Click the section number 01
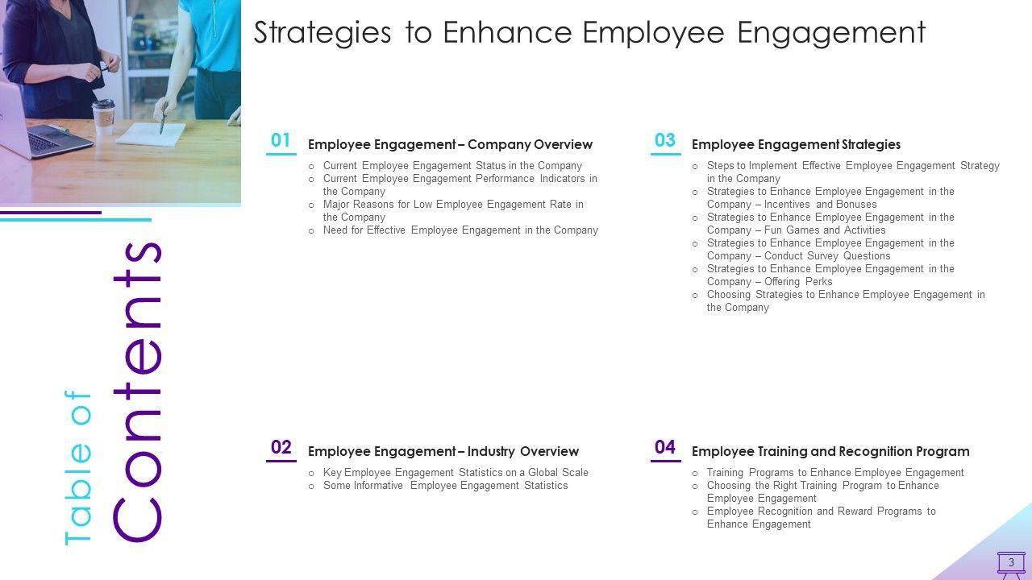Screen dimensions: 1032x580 pyautogui.click(x=281, y=140)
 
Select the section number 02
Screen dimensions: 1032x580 pyautogui.click(x=281, y=447)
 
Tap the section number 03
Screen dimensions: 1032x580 pyautogui.click(x=665, y=140)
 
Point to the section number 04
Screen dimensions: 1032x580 pyautogui.click(x=665, y=447)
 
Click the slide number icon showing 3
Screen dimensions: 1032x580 pyautogui.click(x=1011, y=563)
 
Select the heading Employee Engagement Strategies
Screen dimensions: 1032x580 pyautogui.click(x=796, y=144)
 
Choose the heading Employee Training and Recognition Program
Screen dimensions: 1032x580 pyautogui.click(x=830, y=452)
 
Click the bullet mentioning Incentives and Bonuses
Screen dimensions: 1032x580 pyautogui.click(x=830, y=198)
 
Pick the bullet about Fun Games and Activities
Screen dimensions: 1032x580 pyautogui.click(x=830, y=224)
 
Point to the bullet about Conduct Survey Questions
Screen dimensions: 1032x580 pyautogui.click(x=830, y=250)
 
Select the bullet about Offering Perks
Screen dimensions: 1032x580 pyautogui.click(x=830, y=275)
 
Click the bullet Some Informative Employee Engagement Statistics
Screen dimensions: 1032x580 pyautogui.click(x=446, y=486)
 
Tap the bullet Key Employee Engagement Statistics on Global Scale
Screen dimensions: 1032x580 pyautogui.click(x=456, y=473)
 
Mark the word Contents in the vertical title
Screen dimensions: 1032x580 pyautogui.click(x=137, y=392)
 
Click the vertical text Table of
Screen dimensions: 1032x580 pyautogui.click(x=78, y=468)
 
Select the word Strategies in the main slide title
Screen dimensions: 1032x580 pyautogui.click(x=322, y=33)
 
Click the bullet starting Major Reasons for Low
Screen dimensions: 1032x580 pyautogui.click(x=453, y=211)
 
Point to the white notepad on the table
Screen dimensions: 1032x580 pyautogui.click(x=151, y=135)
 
